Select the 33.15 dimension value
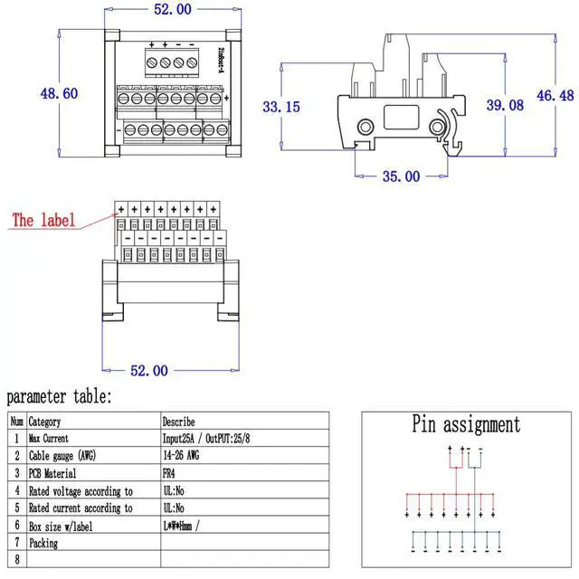[x=281, y=107]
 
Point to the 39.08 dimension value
[x=505, y=106]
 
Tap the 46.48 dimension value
[x=554, y=95]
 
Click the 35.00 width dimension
[x=400, y=176]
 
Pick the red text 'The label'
[x=43, y=220]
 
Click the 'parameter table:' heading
[x=60, y=397]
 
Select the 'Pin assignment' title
[x=466, y=424]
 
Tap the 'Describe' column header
[x=178, y=421]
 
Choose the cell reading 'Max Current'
[x=54, y=438]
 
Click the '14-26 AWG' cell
[x=181, y=455]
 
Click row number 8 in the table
[x=16, y=561]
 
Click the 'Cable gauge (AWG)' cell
[x=62, y=455]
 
